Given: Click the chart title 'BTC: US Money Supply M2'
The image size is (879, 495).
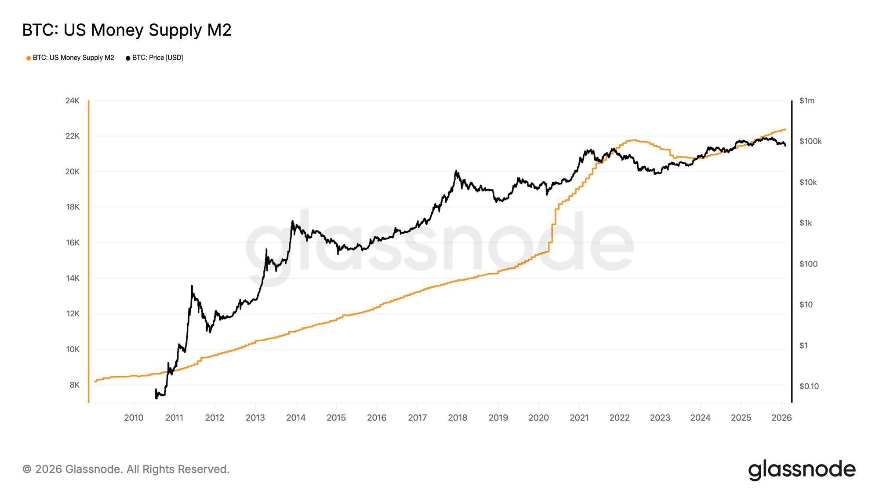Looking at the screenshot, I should [x=127, y=30].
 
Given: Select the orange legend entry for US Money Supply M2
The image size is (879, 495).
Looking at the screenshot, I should [x=70, y=58].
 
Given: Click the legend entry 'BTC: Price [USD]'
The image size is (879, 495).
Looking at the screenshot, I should [x=155, y=58].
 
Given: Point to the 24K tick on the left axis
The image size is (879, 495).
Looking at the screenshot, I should [x=73, y=101].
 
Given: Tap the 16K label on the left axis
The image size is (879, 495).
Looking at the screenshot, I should [x=73, y=243].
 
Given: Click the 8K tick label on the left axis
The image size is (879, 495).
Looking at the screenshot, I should [x=74, y=385].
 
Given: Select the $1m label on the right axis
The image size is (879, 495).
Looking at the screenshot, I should [x=807, y=101].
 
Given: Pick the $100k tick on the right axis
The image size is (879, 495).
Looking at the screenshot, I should [x=810, y=141].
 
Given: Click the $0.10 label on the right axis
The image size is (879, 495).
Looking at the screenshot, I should [x=809, y=386].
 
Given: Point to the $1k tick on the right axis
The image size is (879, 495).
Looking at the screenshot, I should [x=806, y=223].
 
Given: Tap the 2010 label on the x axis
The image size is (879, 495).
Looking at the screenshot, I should [x=134, y=418].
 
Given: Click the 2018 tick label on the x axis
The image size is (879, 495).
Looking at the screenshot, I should [x=458, y=418].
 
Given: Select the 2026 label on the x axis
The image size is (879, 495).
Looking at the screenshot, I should [x=781, y=418].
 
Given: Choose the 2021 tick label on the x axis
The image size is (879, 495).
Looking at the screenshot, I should [x=579, y=418].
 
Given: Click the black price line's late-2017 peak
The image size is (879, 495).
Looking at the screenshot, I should [x=456, y=171].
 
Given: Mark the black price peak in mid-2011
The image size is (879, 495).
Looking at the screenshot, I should [x=192, y=286].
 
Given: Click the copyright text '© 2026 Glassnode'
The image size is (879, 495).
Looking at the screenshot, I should [x=126, y=469].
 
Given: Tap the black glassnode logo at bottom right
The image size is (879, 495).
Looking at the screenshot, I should [x=802, y=469].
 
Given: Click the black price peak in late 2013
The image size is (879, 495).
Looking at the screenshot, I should [x=292, y=221].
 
